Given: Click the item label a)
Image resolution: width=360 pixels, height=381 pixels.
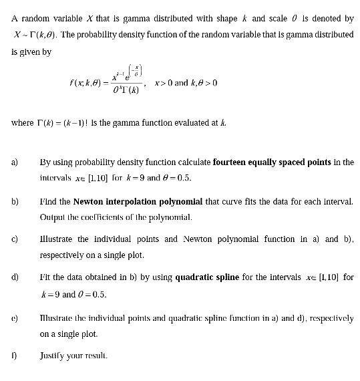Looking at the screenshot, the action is pos(15,162).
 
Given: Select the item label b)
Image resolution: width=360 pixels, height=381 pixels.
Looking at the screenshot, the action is pos(15,201).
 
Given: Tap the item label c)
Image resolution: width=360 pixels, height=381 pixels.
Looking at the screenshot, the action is pos(15,239).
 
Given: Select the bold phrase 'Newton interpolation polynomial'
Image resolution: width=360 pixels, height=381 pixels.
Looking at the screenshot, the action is pos(124,201).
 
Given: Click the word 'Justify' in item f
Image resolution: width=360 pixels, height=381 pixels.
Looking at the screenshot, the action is pos(53,356).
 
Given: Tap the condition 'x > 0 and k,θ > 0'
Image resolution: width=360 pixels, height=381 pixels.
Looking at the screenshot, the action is pos(186,84).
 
